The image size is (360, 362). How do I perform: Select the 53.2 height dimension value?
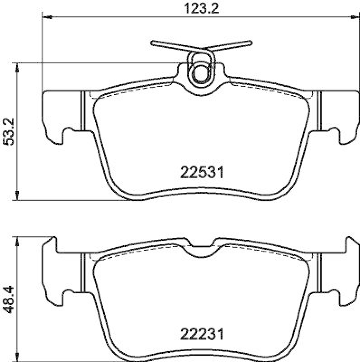click(9, 131)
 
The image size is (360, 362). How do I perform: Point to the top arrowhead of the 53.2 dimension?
click(17, 67)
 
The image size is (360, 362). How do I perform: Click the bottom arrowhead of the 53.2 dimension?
click(17, 195)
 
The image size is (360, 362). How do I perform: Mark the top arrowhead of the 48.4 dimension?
click(17, 240)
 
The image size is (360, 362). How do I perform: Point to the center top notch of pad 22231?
click(200, 251)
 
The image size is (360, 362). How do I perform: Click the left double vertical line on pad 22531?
click(82, 111)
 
